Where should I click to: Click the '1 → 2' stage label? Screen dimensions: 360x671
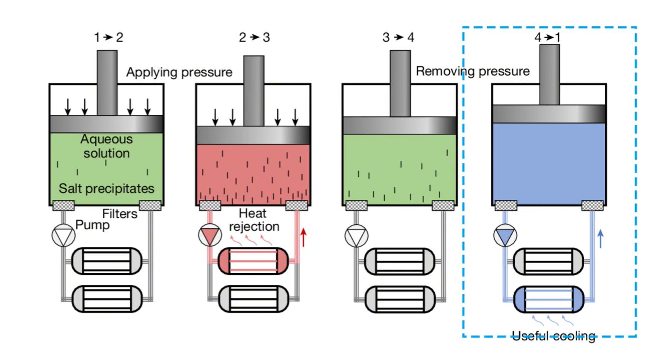coord(108,37)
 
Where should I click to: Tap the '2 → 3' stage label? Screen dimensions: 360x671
coord(254,37)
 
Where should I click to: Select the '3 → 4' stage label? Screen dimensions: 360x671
coord(398,37)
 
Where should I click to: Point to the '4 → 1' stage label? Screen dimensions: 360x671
coord(547,37)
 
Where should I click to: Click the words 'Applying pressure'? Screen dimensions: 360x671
coord(179,72)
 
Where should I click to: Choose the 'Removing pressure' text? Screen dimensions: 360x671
coord(473,71)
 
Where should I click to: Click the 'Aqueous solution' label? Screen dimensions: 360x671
coord(106,146)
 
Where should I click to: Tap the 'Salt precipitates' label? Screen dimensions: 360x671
coord(106,188)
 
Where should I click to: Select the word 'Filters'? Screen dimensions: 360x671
coord(120,214)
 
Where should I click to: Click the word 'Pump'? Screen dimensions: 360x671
coord(92,225)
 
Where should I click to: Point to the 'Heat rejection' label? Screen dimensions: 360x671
coord(254,220)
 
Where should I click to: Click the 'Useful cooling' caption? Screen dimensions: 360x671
coord(553,335)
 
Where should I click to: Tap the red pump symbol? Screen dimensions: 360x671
coord(210,235)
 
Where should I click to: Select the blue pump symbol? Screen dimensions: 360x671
coord(505,236)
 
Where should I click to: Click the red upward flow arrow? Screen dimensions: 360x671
coord(304,237)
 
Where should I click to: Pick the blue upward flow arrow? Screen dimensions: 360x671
coord(600,238)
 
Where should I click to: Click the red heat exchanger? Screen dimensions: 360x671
coord(253,261)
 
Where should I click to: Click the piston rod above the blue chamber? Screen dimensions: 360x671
coord(550,75)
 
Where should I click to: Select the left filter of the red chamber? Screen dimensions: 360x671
coord(210,205)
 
